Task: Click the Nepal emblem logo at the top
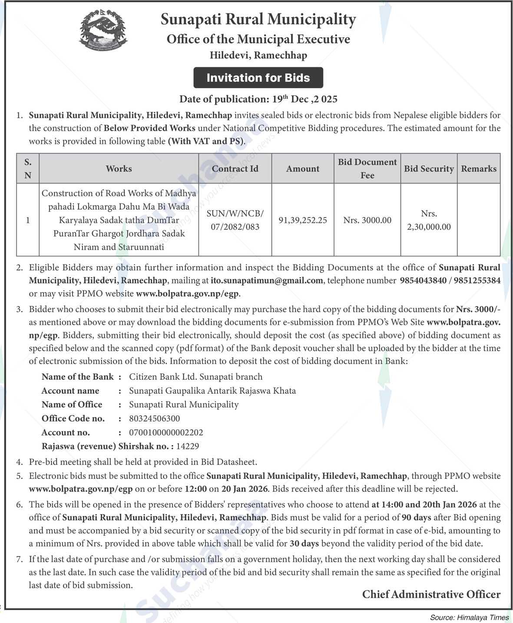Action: coord(103,30)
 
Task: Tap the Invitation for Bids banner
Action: coord(258,78)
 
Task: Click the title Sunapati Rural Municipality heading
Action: coord(258,20)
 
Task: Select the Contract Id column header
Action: coord(235,168)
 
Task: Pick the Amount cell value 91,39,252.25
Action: coord(303,220)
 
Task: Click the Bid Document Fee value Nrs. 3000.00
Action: coord(367,220)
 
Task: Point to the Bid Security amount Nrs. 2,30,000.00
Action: coord(429,220)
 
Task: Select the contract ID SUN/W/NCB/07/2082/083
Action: coord(235,220)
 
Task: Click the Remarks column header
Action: coord(478,168)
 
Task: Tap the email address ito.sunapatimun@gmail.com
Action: coord(267,280)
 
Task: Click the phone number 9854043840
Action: coord(423,280)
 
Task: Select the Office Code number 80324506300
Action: coord(154,419)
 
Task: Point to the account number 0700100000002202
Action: coord(166,432)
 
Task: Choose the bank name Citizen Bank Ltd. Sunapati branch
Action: coord(195,377)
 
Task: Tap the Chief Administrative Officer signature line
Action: coord(431,594)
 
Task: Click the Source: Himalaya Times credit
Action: coord(469,617)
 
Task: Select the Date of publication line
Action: coord(258,99)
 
